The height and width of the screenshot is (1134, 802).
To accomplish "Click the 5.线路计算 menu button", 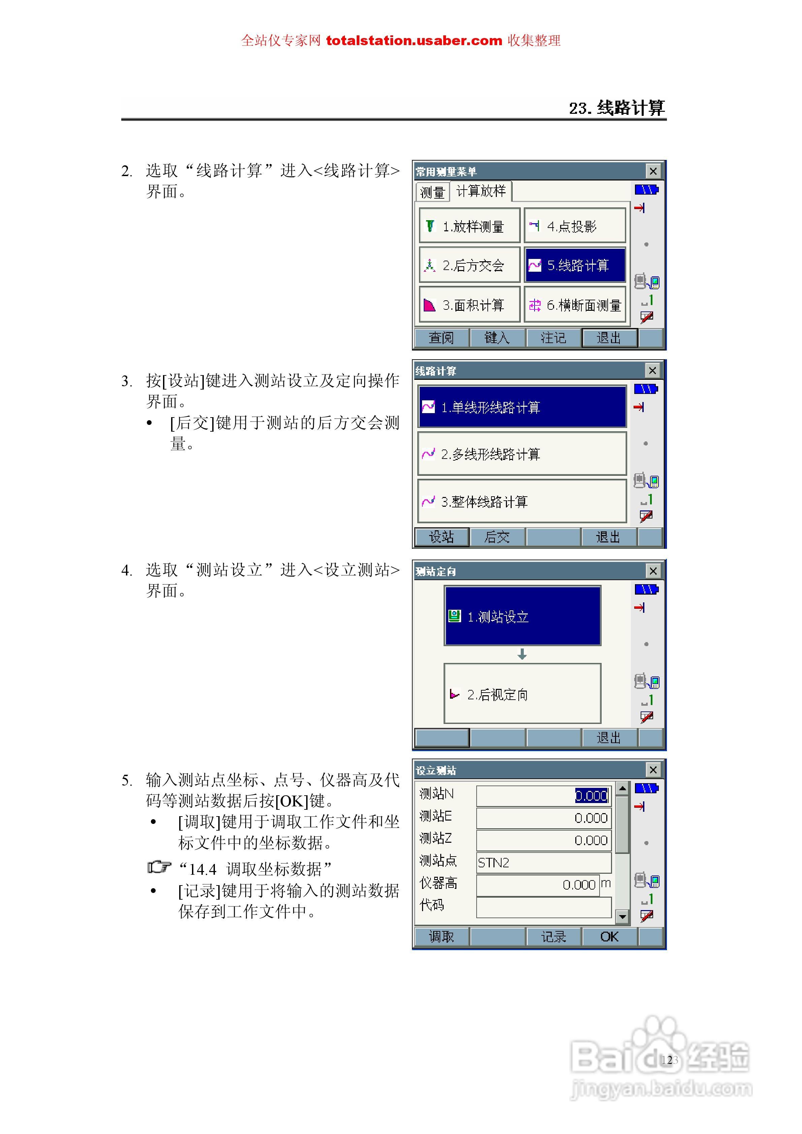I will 575,265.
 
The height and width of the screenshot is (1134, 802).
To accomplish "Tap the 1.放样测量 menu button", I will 470,226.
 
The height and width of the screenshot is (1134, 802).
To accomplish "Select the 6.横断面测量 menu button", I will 575,305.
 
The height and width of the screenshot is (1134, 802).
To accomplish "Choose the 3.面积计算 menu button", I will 470,305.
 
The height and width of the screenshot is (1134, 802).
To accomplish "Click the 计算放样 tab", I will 481,191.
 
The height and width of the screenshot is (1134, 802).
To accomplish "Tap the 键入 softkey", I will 497,338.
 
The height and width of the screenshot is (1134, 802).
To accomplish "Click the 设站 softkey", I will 441,537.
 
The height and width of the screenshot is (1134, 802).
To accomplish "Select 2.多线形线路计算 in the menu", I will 522,454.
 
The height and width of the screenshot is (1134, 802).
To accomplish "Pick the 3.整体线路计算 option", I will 522,501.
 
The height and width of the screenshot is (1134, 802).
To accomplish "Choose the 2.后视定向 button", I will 522,694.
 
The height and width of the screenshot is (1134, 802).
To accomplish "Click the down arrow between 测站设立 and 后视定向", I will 522,655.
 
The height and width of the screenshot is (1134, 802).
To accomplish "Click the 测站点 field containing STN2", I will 544,862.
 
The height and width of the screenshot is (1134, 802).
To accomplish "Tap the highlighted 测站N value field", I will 544,796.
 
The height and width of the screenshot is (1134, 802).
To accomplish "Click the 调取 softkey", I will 441,936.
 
